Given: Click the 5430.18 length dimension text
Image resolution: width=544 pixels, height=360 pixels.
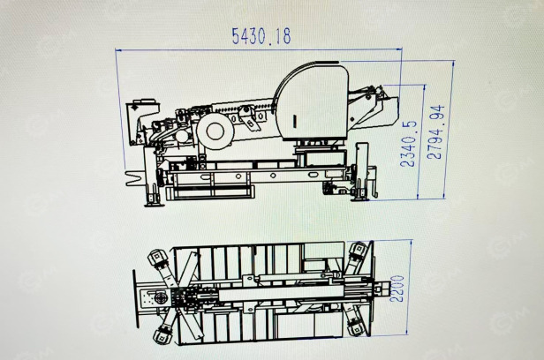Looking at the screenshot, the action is point(261,36).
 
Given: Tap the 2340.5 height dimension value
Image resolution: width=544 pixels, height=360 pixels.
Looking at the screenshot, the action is point(408,144).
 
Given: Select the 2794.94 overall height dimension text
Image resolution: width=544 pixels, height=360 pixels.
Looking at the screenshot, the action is point(435,132).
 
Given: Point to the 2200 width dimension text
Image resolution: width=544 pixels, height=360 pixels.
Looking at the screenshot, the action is point(397,289).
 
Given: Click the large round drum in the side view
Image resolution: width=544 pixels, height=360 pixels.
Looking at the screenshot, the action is point(215,131).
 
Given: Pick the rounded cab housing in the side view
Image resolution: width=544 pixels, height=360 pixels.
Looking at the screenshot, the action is point(311,101).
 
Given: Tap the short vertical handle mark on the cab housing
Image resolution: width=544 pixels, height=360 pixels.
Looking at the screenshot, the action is point(295,121).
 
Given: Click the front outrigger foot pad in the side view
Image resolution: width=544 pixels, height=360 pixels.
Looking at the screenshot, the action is point(154,204).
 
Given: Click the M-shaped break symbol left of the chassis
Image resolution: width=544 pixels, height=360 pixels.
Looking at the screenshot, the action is point(133,177).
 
